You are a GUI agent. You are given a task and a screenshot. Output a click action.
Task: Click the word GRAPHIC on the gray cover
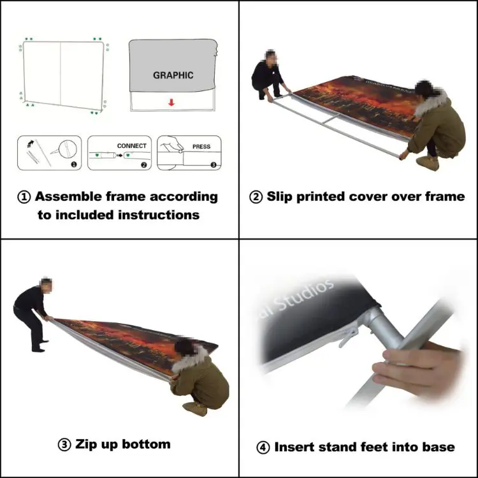pos(173,75)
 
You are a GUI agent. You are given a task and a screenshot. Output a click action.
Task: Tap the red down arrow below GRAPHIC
pos(172,101)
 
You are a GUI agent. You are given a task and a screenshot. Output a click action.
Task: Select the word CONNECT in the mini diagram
pos(131,146)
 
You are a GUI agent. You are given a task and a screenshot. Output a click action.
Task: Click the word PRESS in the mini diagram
pos(201,147)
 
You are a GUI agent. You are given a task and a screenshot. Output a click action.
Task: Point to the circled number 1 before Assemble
pos(24,197)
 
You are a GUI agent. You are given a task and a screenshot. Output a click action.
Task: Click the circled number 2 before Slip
pos(256,197)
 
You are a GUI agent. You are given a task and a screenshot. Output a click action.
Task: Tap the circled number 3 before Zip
pos(64,444)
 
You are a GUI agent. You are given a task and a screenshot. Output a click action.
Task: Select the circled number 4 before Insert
pos(263,447)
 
